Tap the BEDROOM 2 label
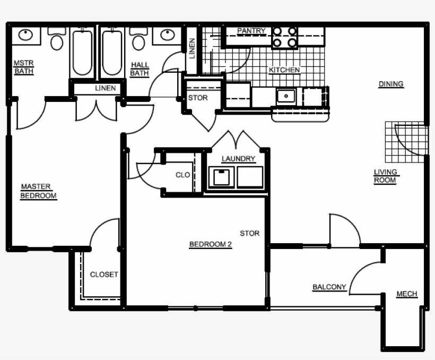click(x=211, y=245)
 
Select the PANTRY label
click(x=251, y=31)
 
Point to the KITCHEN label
click(x=284, y=70)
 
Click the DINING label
click(x=390, y=84)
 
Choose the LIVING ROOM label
click(x=386, y=176)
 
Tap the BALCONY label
click(x=329, y=287)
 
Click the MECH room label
click(x=406, y=294)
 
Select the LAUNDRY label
click(x=238, y=159)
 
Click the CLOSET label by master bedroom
click(x=104, y=275)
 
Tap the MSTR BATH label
click(x=23, y=67)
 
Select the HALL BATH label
click(x=140, y=69)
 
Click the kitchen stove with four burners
click(x=285, y=37)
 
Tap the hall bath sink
click(x=167, y=35)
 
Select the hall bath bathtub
click(x=112, y=53)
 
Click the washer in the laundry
click(x=223, y=177)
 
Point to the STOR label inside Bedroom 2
click(x=249, y=233)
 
